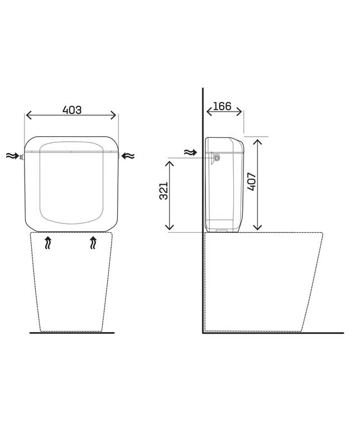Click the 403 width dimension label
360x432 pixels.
coord(72,110)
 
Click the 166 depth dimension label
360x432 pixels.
coord(222,106)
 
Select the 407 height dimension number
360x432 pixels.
coord(252,181)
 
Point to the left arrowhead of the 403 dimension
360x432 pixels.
coord(28,116)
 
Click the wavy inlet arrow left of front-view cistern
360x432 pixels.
coord(12,156)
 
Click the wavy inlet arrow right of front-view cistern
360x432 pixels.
coord(128,156)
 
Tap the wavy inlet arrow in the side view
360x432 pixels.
coord(191,152)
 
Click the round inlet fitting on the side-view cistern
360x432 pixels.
coord(217,158)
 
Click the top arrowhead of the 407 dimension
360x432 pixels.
coord(257,142)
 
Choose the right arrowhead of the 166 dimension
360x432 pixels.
coord(239,112)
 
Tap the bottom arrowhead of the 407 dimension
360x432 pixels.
coord(257,227)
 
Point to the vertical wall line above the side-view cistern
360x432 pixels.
coord(203,112)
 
